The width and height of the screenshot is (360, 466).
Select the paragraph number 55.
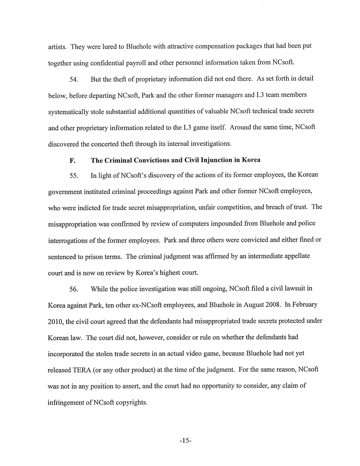pyautogui.click(x=74, y=175)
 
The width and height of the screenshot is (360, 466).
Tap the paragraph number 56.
pyautogui.click(x=74, y=290)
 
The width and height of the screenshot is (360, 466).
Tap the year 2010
pyautogui.click(x=56, y=321)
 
